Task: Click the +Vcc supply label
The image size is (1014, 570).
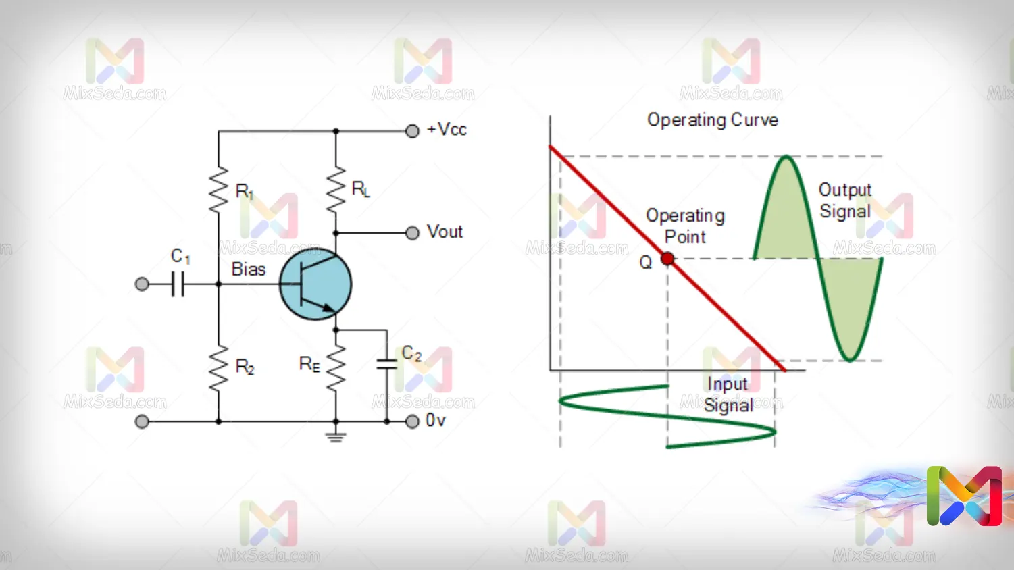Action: tap(447, 130)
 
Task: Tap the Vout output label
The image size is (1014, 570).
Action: tap(445, 232)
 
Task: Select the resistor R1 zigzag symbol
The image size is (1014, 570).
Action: tap(218, 190)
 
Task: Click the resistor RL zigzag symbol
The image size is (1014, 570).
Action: tap(336, 189)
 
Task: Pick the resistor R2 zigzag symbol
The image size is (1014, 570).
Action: tap(218, 368)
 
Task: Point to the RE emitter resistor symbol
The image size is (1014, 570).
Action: tap(336, 367)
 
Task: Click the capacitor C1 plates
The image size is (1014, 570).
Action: tap(178, 284)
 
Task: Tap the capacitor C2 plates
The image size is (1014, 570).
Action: tap(386, 365)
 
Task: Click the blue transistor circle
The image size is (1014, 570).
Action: tap(315, 284)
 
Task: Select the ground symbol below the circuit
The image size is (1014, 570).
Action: tap(336, 436)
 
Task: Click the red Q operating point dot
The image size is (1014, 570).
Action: tap(667, 259)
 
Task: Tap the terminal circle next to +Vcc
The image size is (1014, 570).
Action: tap(412, 131)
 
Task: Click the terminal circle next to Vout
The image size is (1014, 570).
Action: tap(412, 233)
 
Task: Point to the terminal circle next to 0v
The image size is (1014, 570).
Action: tap(412, 421)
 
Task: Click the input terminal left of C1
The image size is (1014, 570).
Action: tap(142, 284)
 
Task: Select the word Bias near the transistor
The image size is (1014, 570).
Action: tap(249, 269)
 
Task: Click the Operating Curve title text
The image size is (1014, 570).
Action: tap(713, 120)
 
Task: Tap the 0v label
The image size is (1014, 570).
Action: tap(436, 421)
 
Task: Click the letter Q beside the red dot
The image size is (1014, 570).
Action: tap(646, 262)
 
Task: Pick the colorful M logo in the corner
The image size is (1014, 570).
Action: tap(964, 496)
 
